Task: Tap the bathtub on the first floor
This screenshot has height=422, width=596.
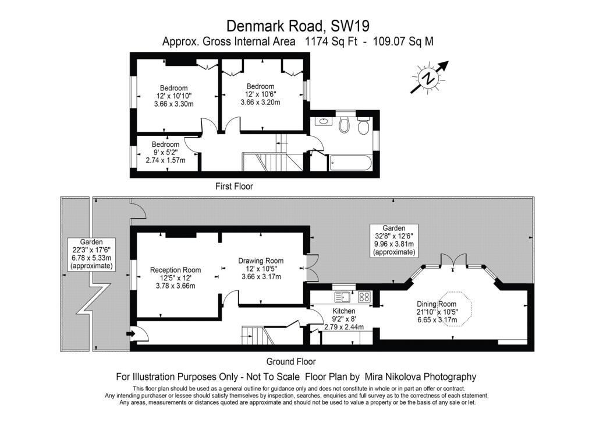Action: tap(350, 163)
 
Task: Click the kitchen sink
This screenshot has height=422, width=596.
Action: tap(343, 297)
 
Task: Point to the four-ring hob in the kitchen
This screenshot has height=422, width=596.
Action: tap(364, 297)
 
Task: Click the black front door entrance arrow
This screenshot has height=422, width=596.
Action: tap(131, 334)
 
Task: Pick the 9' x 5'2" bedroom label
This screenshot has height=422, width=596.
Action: tap(165, 152)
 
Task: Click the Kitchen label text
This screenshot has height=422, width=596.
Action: tap(343, 311)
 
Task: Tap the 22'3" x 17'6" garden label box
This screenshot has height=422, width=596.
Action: tap(91, 254)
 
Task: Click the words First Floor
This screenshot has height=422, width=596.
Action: tap(234, 187)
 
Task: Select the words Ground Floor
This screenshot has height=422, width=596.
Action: tap(291, 361)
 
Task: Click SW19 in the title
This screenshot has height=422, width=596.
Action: tap(350, 26)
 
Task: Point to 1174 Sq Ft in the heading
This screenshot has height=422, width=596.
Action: tap(331, 41)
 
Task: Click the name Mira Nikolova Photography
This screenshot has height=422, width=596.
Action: tap(420, 377)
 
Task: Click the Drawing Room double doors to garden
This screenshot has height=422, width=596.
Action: tap(311, 268)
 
